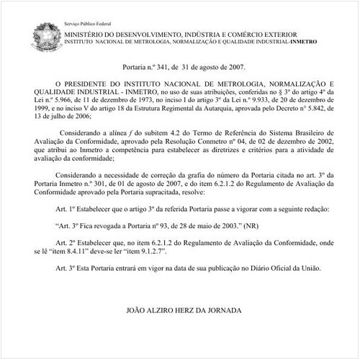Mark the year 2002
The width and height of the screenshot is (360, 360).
(x=318, y=143)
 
